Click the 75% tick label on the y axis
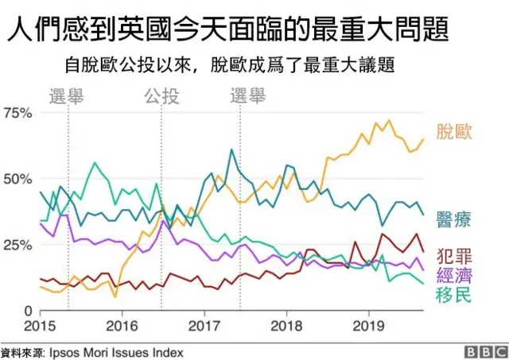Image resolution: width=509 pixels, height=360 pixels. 17,113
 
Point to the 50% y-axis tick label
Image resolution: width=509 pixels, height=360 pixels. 17,179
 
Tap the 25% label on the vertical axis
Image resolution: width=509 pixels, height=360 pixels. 17,245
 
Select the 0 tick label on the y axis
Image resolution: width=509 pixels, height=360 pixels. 27,311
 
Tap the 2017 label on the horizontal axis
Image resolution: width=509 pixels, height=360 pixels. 204,326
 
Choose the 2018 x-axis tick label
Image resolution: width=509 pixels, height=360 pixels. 286,326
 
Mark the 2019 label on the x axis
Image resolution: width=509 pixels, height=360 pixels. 368,326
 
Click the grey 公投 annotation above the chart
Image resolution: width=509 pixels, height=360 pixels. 161,97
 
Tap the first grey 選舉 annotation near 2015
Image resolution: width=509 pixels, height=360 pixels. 68,97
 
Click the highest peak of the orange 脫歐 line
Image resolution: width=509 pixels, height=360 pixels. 389,121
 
